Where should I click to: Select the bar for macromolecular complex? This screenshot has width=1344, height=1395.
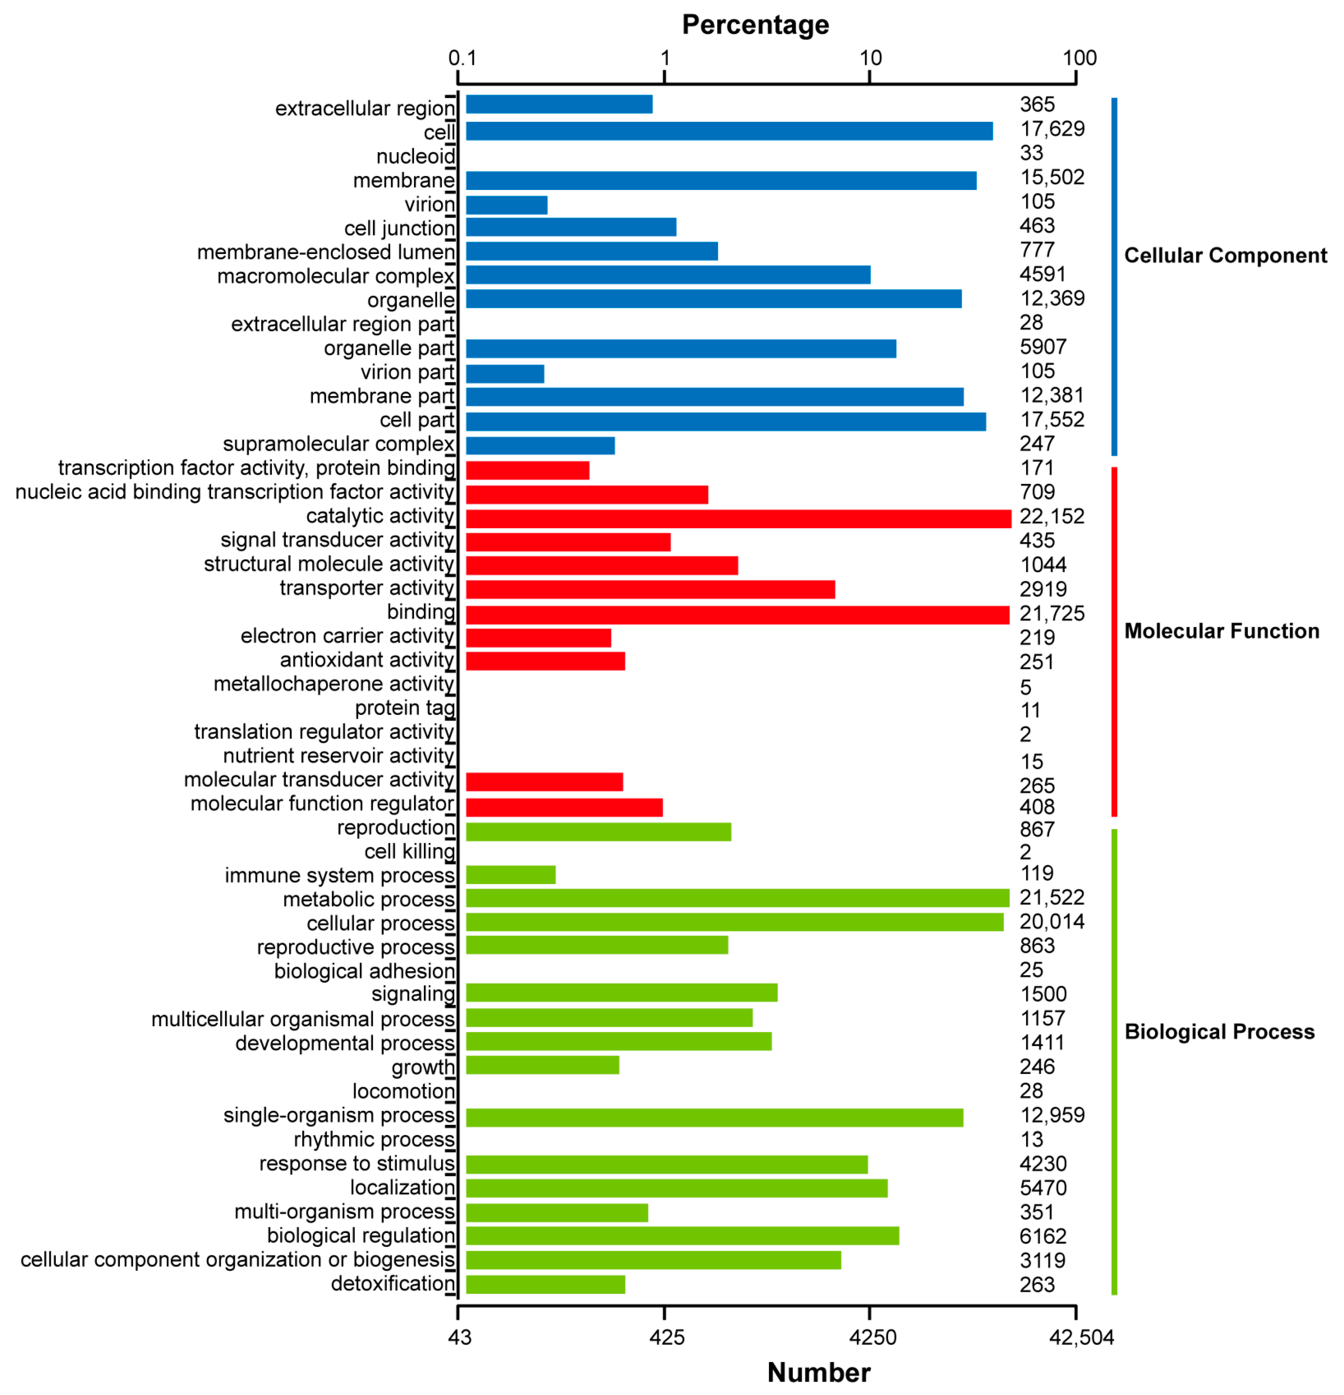coord(668,275)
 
